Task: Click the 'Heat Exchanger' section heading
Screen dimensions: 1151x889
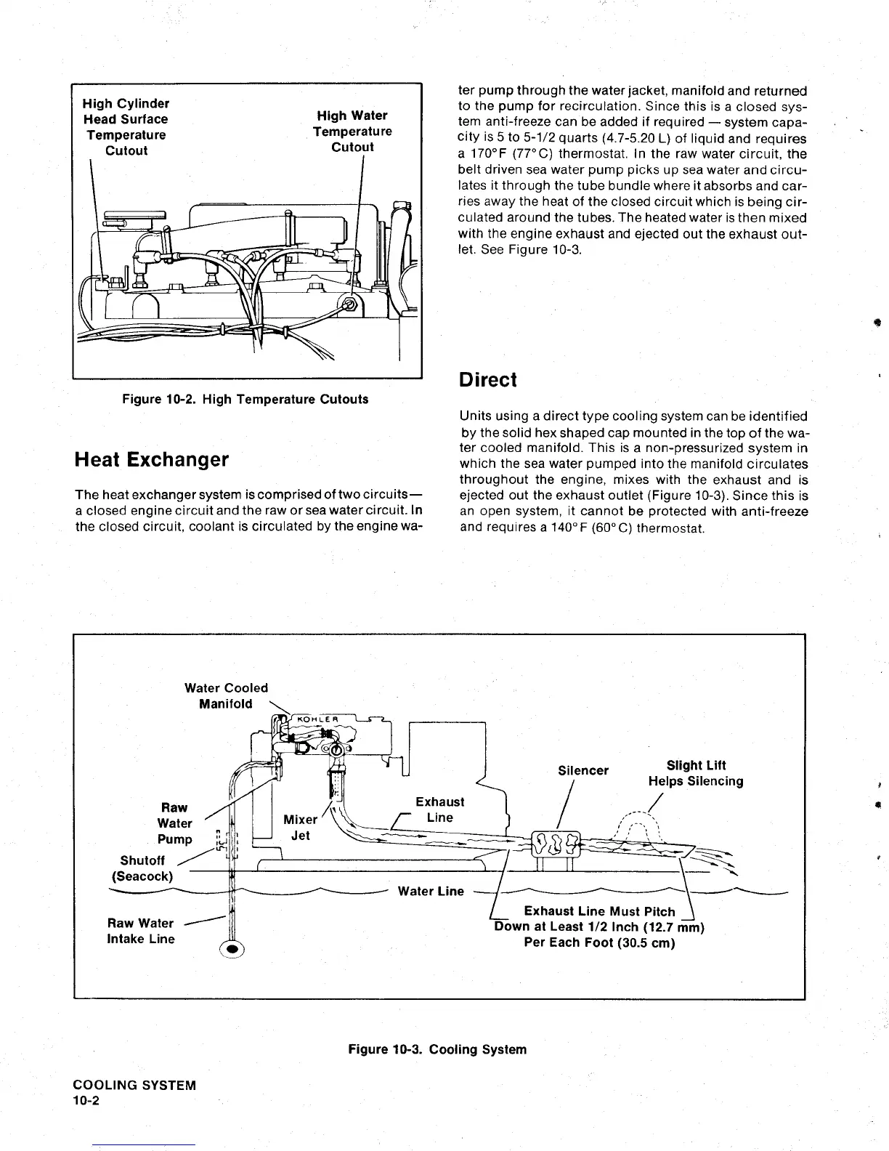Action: coord(151,460)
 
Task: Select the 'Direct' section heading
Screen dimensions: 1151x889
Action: coord(487,380)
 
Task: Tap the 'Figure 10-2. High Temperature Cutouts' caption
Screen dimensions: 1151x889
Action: coord(245,399)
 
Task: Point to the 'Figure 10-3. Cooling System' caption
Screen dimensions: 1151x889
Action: coord(437,1049)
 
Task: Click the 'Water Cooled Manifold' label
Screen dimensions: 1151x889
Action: coord(226,695)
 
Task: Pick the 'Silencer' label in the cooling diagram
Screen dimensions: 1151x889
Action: coord(583,770)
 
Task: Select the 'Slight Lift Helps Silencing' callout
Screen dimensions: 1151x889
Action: coord(696,773)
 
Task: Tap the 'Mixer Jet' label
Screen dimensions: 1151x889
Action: coord(301,828)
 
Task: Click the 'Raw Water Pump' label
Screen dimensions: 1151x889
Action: coord(175,823)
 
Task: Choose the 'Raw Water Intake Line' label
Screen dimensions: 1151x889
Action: coord(141,931)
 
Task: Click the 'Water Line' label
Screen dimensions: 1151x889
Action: coord(431,891)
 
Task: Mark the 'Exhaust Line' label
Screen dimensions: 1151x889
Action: coord(440,809)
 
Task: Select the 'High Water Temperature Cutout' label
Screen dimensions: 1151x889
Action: coord(352,131)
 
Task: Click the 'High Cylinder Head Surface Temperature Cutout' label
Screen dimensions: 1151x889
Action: coord(126,127)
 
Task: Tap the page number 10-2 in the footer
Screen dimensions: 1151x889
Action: coord(86,1101)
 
